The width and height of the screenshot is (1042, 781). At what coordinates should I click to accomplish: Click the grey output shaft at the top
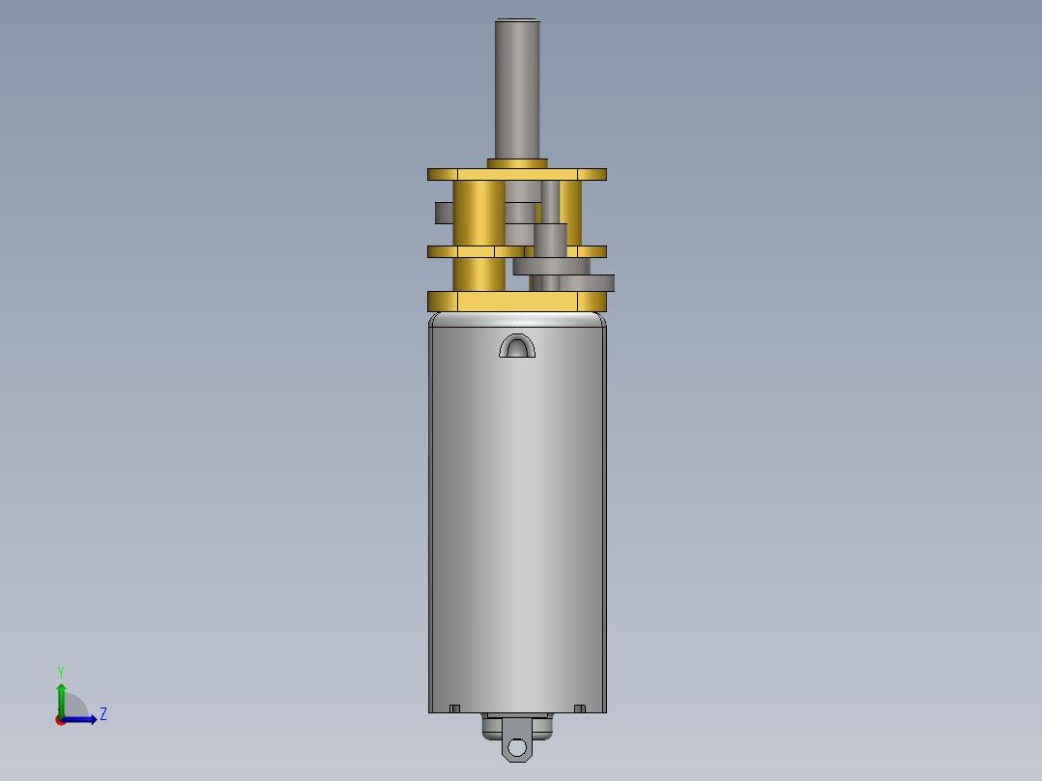click(x=517, y=89)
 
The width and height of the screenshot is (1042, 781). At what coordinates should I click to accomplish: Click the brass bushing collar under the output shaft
click(x=517, y=163)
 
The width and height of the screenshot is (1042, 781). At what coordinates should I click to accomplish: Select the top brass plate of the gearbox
click(x=517, y=175)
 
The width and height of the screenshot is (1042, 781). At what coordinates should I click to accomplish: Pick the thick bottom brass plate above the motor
click(x=517, y=302)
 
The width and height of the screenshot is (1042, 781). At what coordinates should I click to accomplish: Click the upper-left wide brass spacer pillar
click(x=478, y=214)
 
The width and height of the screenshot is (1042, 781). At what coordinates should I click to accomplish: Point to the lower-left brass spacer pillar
click(x=478, y=275)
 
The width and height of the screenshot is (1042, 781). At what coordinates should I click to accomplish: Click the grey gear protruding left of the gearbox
click(x=444, y=213)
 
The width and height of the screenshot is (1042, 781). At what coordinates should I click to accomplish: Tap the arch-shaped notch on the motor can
click(x=517, y=346)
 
